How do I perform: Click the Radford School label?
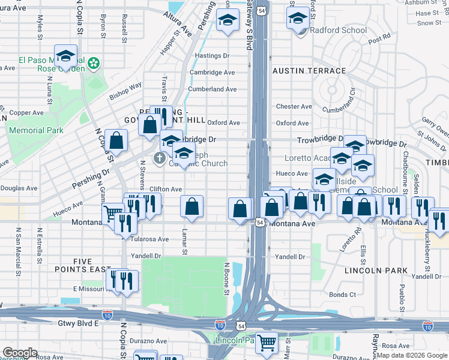point(338,31)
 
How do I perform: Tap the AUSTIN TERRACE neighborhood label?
point(309,71)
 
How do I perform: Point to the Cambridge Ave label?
point(212,73)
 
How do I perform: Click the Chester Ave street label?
point(294,107)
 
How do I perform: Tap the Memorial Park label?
point(35,130)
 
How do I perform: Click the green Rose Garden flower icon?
point(94,62)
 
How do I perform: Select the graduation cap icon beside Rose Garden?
point(66,56)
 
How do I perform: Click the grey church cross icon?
point(159,158)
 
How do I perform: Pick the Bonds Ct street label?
point(342,295)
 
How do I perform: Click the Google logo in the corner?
point(20,353)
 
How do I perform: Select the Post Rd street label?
point(379,40)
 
